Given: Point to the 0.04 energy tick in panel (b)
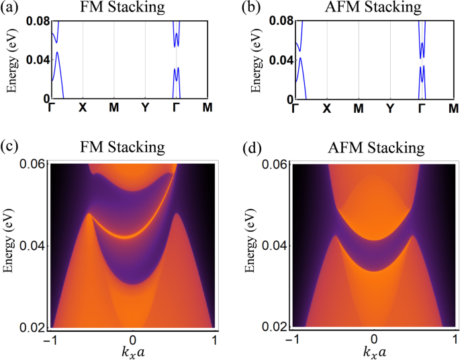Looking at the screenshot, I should click(279, 60).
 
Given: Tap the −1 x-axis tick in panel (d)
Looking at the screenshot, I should click(293, 340).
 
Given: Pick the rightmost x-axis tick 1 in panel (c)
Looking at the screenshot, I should click(214, 340).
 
